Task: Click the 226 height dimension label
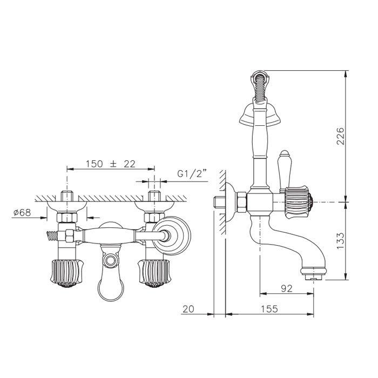[x=340, y=136]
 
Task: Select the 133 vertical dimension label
[x=340, y=241]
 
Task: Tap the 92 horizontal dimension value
[x=287, y=288]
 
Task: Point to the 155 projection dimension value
[x=269, y=309]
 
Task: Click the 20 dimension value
[x=188, y=309]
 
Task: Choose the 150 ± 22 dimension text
[x=111, y=164]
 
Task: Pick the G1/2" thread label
[x=192, y=173]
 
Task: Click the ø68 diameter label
[x=22, y=212]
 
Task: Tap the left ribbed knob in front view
[x=67, y=274]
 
